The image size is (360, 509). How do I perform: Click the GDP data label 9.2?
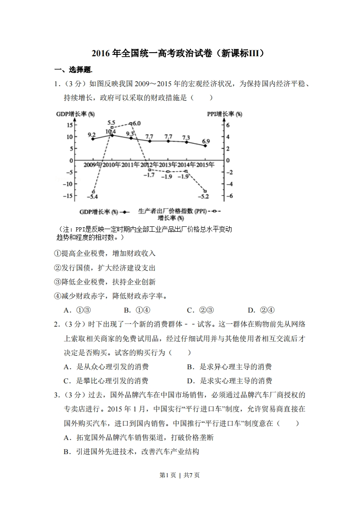[x=91, y=135]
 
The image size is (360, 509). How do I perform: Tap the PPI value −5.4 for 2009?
[x=92, y=196]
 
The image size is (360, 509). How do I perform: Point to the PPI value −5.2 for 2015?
[x=203, y=196]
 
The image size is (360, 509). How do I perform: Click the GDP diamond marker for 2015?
[x=205, y=146]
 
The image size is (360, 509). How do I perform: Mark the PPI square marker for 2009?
[x=94, y=191]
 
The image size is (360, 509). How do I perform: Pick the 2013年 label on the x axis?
[x=168, y=165]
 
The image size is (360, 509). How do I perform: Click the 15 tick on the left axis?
[x=69, y=125]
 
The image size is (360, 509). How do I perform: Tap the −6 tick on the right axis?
[x=230, y=196]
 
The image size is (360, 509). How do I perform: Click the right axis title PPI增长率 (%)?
[x=224, y=114]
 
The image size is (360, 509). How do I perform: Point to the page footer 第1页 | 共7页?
[x=180, y=475]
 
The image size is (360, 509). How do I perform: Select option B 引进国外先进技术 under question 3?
[x=131, y=451]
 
